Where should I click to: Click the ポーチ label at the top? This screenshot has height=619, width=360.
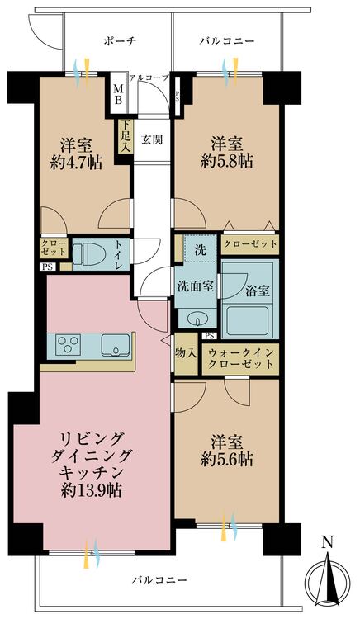point(120,40)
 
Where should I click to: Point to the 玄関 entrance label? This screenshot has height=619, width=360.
point(150,139)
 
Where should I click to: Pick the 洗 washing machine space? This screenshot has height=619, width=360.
point(199,248)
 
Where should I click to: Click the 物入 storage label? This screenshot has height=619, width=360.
point(185,353)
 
